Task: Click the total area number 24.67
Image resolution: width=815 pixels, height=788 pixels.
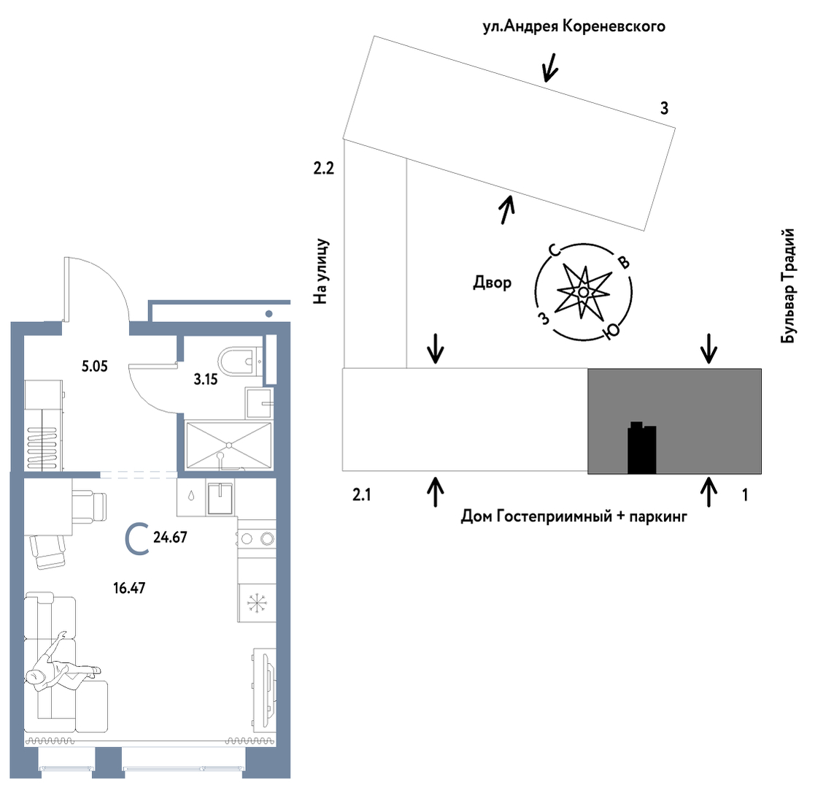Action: point(171,538)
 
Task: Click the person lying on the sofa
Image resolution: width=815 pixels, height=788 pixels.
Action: point(60,665)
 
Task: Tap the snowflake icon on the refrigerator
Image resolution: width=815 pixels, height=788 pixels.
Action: point(256,603)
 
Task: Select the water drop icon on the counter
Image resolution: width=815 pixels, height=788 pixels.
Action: point(191,494)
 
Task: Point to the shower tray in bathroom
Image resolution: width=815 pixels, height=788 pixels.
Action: point(228,444)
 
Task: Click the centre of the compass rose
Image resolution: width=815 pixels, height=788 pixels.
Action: point(584,292)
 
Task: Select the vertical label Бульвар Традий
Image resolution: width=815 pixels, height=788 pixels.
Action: point(787,286)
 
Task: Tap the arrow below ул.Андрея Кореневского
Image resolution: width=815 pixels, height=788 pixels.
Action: point(549,67)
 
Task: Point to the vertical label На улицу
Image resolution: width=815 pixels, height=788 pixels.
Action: point(322,270)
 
